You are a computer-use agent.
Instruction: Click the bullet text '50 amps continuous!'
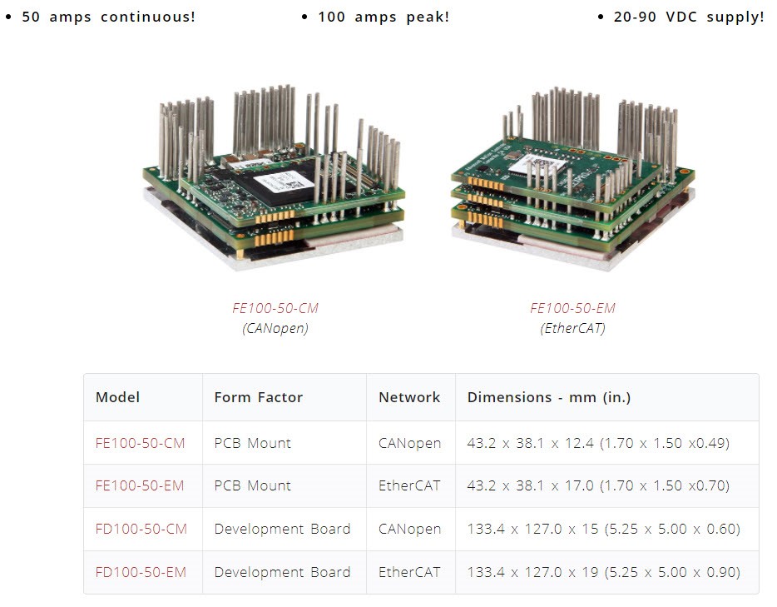pyautogui.click(x=108, y=17)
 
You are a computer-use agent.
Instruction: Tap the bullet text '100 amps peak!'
pyautogui.click(x=383, y=17)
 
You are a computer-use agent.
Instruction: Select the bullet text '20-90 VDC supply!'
pyautogui.click(x=688, y=17)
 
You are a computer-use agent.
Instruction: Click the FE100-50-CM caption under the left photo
pyautogui.click(x=275, y=308)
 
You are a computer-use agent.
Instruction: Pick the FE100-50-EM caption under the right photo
pyautogui.click(x=573, y=308)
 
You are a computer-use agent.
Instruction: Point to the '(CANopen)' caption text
pyautogui.click(x=275, y=328)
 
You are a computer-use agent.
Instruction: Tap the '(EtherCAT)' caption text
pyautogui.click(x=573, y=328)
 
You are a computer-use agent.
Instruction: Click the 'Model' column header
pyautogui.click(x=118, y=397)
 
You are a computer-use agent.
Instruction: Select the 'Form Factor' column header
pyautogui.click(x=259, y=397)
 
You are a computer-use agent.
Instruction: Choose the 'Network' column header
pyautogui.click(x=409, y=397)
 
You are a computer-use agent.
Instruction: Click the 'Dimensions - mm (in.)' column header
pyautogui.click(x=549, y=397)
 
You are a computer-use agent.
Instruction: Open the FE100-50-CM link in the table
pyautogui.click(x=141, y=443)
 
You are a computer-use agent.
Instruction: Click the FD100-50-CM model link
pyautogui.click(x=141, y=529)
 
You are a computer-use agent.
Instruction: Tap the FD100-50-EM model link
pyautogui.click(x=141, y=572)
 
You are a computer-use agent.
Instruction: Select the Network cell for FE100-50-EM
pyautogui.click(x=409, y=485)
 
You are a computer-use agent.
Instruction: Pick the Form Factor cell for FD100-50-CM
pyautogui.click(x=283, y=529)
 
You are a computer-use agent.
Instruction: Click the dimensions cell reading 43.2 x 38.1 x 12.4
pyautogui.click(x=598, y=443)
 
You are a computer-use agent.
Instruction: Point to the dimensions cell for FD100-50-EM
pyautogui.click(x=603, y=572)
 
